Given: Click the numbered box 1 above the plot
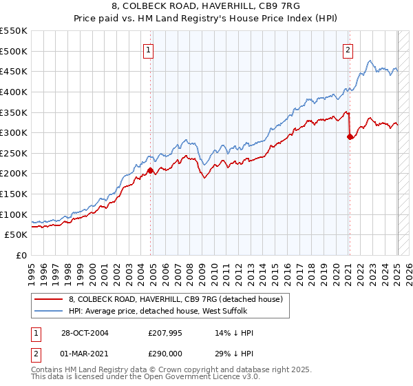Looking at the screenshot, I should [x=149, y=50].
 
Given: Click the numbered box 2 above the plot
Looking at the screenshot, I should [x=348, y=50].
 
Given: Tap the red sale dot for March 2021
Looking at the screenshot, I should [x=350, y=136].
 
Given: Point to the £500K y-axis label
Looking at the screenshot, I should [x=14, y=51].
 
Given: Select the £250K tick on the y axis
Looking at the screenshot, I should [x=14, y=153].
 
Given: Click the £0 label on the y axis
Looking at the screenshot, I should [x=21, y=255].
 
